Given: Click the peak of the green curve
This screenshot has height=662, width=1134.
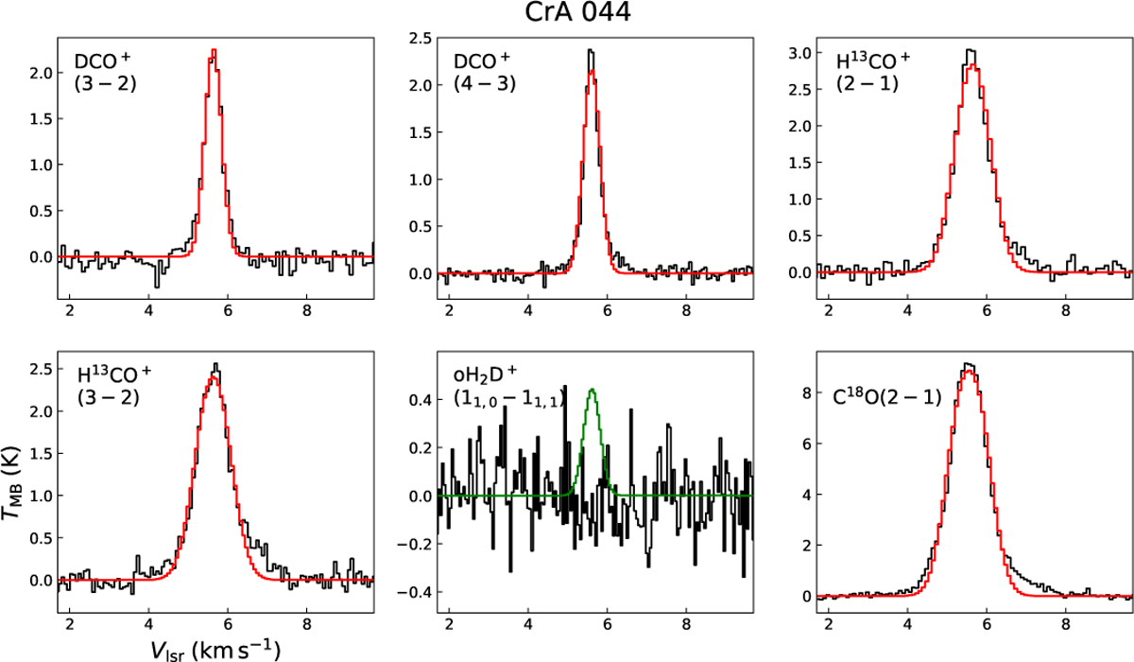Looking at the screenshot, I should point(592,390).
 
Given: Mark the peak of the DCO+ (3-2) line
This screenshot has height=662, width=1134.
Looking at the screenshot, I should point(214,50).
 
